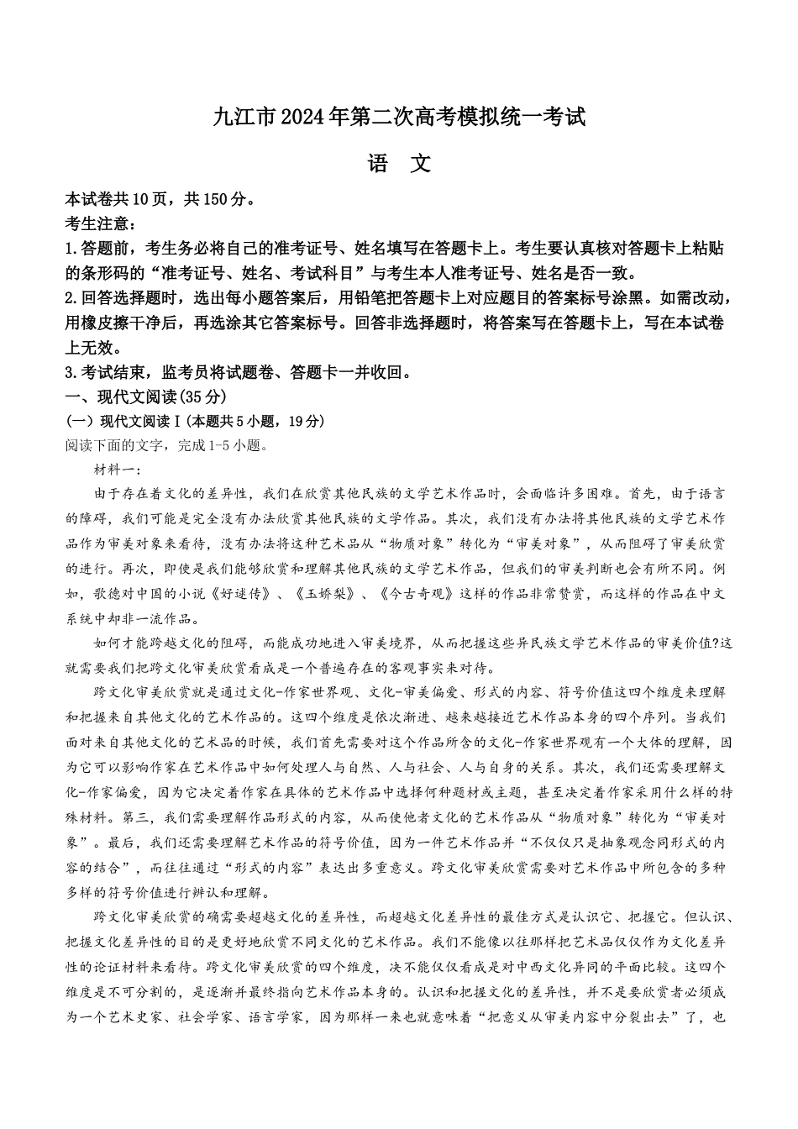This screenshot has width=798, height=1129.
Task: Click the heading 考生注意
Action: point(96,223)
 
